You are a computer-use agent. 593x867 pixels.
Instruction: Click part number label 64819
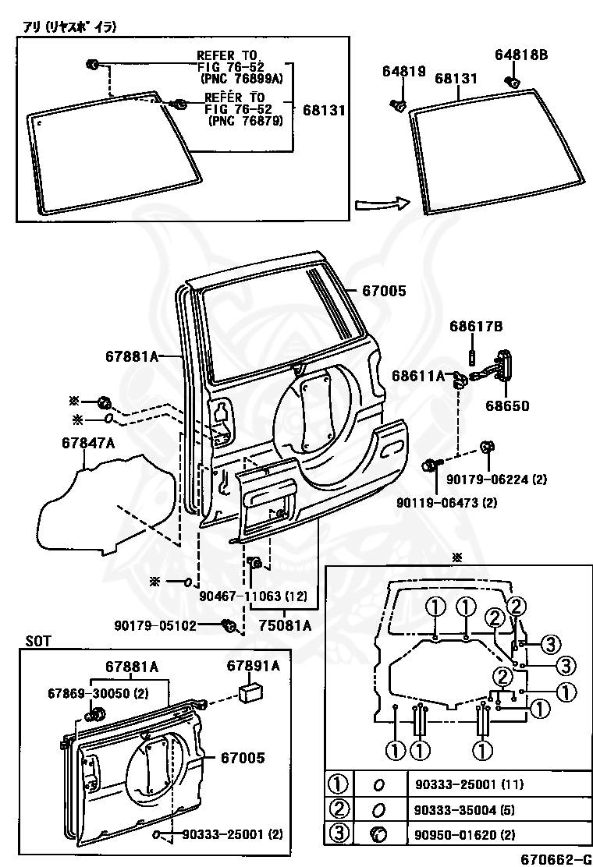(x=404, y=71)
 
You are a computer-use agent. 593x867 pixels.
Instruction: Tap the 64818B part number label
(x=521, y=55)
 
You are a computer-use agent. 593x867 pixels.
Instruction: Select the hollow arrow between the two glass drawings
(x=382, y=203)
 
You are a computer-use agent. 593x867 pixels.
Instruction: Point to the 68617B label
(x=476, y=327)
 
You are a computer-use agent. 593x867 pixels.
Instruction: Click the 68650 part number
(x=507, y=406)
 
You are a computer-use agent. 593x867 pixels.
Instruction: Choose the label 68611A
(x=418, y=376)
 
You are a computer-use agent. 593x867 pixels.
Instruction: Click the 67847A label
(x=88, y=443)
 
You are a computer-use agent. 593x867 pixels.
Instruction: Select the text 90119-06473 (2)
(x=446, y=503)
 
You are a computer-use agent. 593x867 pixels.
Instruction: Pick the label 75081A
(x=286, y=625)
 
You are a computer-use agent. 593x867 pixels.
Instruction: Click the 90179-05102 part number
(x=155, y=625)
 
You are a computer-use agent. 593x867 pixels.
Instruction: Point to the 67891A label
(x=254, y=666)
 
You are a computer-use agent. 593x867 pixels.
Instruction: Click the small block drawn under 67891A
(x=250, y=693)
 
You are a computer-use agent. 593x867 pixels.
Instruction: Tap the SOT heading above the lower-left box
(x=38, y=642)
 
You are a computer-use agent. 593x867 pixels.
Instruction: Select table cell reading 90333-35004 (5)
(x=465, y=811)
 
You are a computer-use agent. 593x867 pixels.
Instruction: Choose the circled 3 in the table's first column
(x=339, y=833)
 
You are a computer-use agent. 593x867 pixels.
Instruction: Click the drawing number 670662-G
(x=555, y=858)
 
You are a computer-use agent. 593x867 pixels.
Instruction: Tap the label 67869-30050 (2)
(x=98, y=693)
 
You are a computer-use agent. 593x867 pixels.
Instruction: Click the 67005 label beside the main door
(x=384, y=291)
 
